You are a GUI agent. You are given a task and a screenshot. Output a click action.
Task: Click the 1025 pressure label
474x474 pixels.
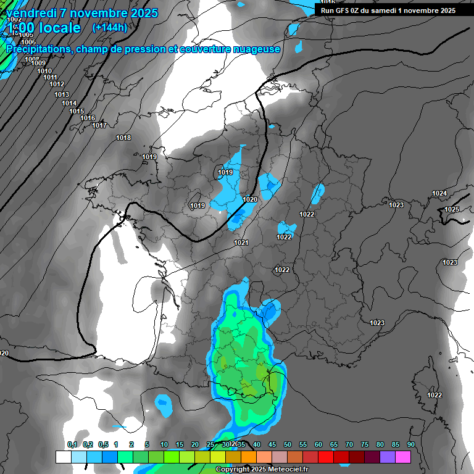pos(452,209)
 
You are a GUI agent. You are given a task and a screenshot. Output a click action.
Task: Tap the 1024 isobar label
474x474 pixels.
pos(439,194)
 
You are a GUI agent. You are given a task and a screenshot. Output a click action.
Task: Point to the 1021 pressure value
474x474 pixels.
pos(241,243)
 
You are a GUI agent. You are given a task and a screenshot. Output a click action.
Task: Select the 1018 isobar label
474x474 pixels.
pos(123,138)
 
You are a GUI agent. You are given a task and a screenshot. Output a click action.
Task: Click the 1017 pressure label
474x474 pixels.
pos(99,126)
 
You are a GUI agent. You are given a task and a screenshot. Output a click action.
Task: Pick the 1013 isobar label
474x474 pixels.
pos(62,94)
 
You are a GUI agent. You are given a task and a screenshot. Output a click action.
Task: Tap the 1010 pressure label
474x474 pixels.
pos(44,71)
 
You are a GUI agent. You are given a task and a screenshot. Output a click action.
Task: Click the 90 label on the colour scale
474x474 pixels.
pos(411,445)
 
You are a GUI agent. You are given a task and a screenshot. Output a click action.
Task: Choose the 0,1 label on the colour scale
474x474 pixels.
pos(72,445)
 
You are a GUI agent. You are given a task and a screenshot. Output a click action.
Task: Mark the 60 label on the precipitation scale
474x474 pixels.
pos(318,445)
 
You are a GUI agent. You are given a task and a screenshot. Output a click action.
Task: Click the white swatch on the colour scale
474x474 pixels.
pos(63,457)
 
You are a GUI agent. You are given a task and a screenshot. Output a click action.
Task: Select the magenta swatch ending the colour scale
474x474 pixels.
pos(403,457)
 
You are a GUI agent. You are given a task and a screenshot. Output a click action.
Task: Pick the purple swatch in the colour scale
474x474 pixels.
pos(388,457)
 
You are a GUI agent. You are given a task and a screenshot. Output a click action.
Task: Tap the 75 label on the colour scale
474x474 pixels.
pos(365,445)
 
